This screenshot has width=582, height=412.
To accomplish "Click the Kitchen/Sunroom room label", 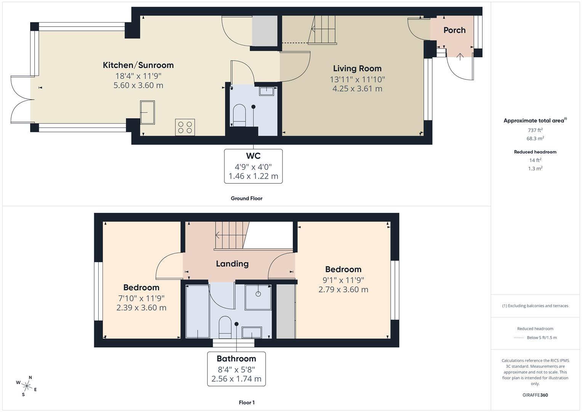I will [138, 65].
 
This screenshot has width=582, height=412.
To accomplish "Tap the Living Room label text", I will [357, 69].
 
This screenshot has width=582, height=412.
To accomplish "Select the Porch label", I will [454, 30].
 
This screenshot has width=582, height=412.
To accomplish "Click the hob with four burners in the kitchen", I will [185, 127].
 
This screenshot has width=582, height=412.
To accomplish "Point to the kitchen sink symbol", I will [148, 112].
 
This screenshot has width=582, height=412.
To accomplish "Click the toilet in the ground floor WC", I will [239, 115].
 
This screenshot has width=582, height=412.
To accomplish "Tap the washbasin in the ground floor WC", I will [267, 91].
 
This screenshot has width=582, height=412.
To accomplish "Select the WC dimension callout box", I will [253, 166].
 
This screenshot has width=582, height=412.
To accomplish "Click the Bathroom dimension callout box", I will [236, 369].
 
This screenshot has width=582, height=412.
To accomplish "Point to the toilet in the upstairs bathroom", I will [225, 327].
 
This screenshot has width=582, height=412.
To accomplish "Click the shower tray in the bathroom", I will [258, 296].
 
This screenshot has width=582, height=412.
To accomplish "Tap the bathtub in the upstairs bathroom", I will [197, 312].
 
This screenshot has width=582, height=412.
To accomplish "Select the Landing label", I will [232, 264].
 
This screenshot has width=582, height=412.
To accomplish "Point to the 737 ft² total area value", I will [535, 130].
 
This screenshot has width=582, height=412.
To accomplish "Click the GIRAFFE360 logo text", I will [535, 395].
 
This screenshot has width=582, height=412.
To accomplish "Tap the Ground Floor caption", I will [247, 198].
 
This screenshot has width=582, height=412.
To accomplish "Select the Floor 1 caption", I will [247, 402].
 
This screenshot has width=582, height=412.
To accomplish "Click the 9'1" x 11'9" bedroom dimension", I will [343, 280].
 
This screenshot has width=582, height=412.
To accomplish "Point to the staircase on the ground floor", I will [323, 30].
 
